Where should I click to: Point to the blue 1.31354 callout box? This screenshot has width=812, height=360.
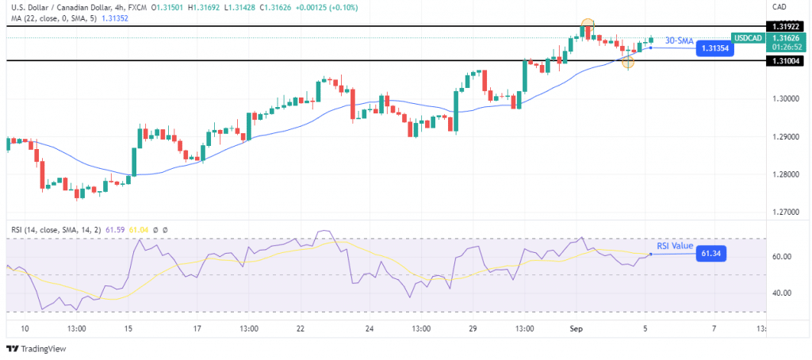point(714,48)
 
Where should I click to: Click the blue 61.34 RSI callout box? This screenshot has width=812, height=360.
point(709,254)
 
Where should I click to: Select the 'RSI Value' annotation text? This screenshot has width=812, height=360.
point(676,246)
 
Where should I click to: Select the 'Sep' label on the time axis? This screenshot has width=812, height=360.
point(577,328)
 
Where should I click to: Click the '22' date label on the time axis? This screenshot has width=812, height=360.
point(300,328)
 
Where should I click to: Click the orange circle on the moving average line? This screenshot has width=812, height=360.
point(628,62)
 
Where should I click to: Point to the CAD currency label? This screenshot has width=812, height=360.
point(778,6)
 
